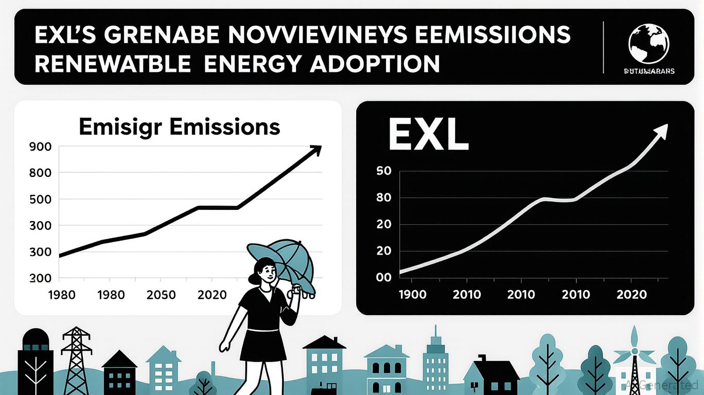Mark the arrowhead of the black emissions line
point(314,150)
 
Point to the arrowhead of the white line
point(661,130)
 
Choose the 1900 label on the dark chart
point(413,295)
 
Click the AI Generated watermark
point(662,384)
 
